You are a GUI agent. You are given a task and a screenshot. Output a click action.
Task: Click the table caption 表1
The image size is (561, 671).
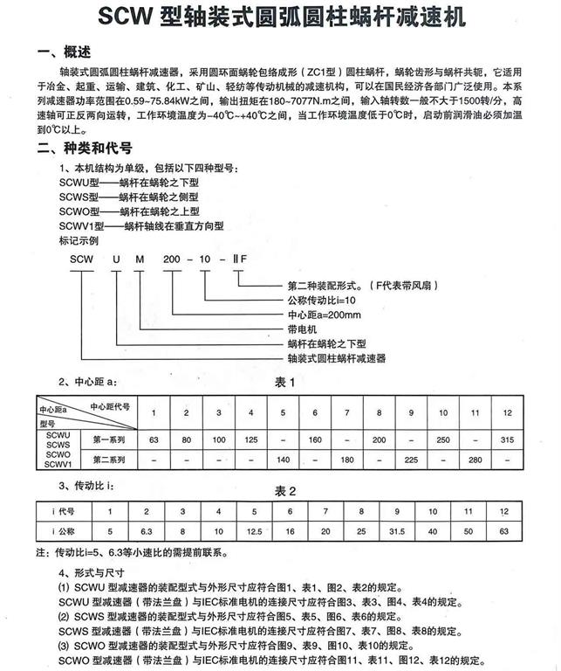tap(286, 383)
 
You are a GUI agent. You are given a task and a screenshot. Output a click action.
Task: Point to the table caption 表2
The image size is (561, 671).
tap(286, 489)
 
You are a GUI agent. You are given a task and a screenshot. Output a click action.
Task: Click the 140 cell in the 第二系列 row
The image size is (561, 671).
tap(283, 459)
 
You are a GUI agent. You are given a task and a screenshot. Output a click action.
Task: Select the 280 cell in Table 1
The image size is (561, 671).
tap(475, 459)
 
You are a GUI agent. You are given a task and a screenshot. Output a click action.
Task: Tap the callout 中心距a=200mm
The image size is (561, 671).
tap(324, 315)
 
